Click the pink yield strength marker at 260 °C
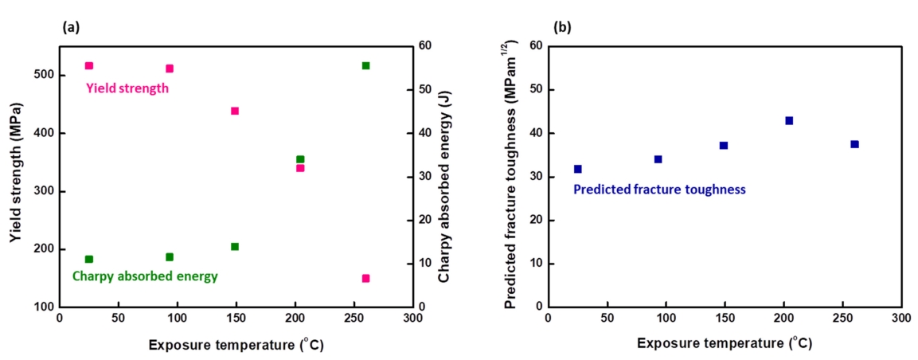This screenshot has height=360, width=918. (x=365, y=279)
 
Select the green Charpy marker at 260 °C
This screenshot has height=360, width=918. (x=365, y=65)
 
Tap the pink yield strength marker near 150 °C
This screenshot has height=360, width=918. (x=235, y=111)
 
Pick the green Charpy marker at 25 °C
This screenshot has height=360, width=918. (x=89, y=259)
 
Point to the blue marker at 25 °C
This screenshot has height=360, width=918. (x=578, y=169)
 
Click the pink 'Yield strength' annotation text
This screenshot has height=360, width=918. (x=127, y=88)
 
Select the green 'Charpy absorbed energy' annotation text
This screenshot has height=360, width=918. (x=145, y=276)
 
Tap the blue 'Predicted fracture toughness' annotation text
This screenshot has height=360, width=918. (x=659, y=190)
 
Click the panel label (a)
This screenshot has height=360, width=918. (x=70, y=26)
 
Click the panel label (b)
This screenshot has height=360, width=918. (x=563, y=26)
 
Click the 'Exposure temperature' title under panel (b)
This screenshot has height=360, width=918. (x=725, y=343)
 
